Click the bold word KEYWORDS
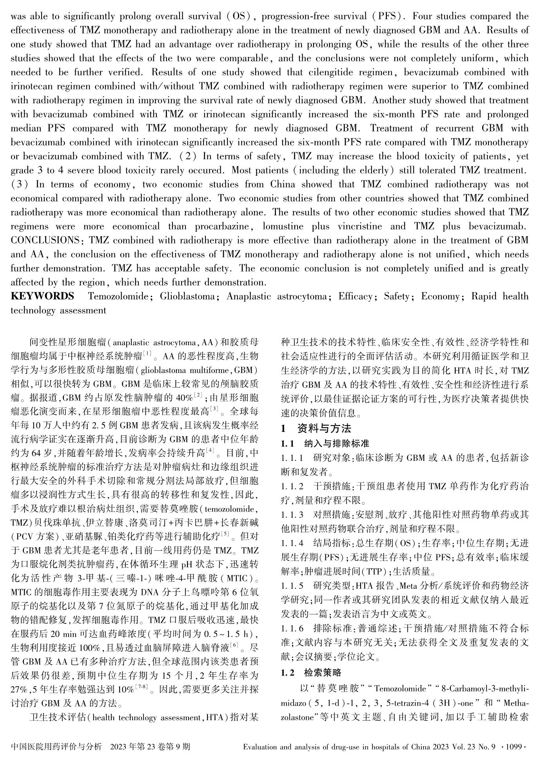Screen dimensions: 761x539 [x=42, y=296]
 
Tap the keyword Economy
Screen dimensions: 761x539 [x=437, y=296]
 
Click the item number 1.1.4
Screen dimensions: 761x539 [x=292, y=543]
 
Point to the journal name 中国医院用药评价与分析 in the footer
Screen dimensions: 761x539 [x=56, y=746]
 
